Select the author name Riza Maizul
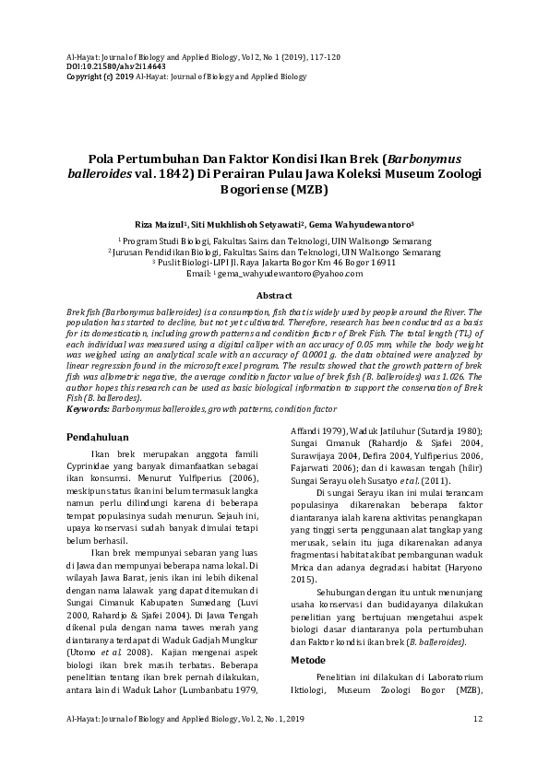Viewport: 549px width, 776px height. [159, 224]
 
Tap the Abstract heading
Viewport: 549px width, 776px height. [274, 296]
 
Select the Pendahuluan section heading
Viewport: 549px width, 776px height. [98, 436]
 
